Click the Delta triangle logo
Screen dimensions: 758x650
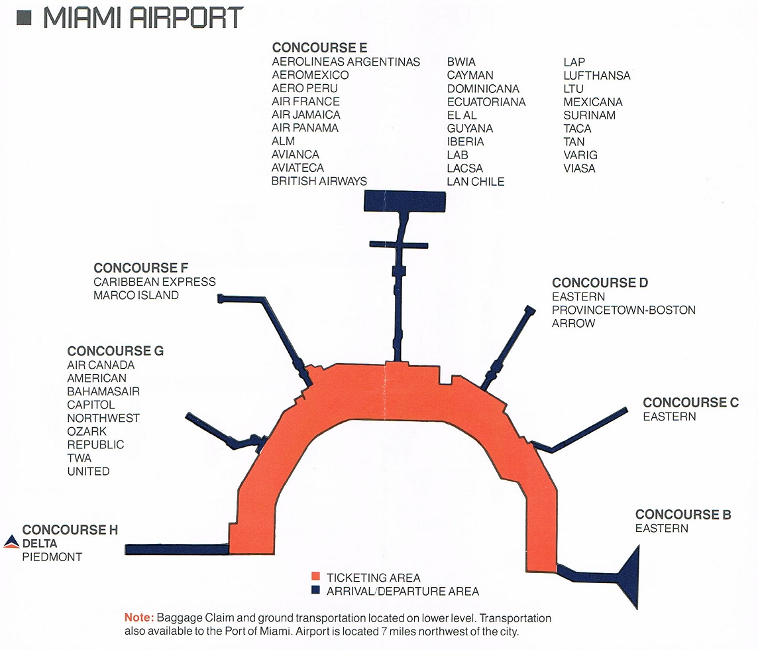[11, 542]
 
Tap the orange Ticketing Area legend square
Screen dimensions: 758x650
[315, 576]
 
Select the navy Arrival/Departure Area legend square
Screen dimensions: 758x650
[315, 590]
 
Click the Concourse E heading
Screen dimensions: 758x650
[319, 48]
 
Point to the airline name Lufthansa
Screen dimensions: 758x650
[596, 76]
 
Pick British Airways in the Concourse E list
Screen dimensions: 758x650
[319, 181]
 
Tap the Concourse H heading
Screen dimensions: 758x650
[70, 529]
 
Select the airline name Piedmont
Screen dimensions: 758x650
[52, 557]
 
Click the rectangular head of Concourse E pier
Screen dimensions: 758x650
[405, 201]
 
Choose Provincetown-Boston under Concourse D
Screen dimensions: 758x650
[623, 310]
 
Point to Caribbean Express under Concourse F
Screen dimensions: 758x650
[154, 282]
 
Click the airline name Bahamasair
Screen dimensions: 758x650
[103, 391]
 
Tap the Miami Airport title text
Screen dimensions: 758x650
[144, 18]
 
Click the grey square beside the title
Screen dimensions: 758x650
[24, 19]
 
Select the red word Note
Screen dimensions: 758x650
[139, 617]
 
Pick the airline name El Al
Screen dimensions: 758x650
[462, 115]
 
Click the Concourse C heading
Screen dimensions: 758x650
[691, 402]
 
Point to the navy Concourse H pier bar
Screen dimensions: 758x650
[177, 549]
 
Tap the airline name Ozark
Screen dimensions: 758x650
[87, 431]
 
